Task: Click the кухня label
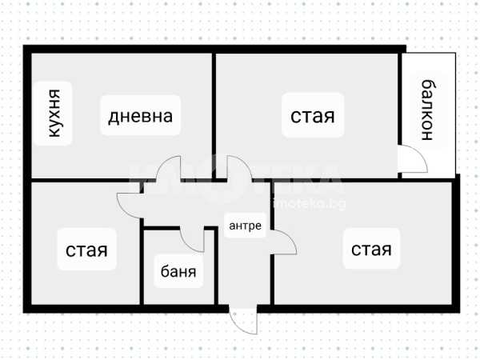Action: [x=54, y=113]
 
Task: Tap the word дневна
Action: [x=141, y=116]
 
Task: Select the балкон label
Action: [x=428, y=110]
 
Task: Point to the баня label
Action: [x=178, y=271]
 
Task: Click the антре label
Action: [x=246, y=226]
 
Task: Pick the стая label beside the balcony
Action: [x=313, y=116]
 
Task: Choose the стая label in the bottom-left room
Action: [x=86, y=250]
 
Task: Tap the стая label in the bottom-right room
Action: [x=371, y=250]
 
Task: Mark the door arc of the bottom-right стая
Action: [x=290, y=238]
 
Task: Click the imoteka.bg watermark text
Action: [x=309, y=203]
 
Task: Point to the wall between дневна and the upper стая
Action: [x=214, y=116]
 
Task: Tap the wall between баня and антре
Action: [x=216, y=266]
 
